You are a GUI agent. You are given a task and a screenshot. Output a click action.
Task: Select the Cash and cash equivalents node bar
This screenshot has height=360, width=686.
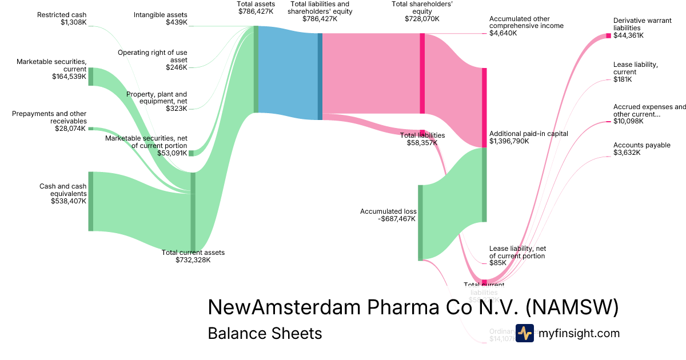click(90, 201)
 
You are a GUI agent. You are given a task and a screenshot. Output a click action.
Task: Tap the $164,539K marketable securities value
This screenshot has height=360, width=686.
click(69, 76)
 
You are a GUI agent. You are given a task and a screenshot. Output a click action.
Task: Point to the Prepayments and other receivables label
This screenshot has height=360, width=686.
click(49, 117)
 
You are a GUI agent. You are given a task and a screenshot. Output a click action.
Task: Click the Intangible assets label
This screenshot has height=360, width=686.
click(161, 14)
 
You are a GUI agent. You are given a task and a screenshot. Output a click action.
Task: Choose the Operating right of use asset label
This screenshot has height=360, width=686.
click(153, 56)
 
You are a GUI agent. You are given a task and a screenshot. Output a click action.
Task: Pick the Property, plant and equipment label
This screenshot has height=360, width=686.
click(157, 98)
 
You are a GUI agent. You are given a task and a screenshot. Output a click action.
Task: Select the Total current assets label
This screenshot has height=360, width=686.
click(193, 253)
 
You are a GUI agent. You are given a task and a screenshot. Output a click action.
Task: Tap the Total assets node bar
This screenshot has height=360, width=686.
click(256, 69)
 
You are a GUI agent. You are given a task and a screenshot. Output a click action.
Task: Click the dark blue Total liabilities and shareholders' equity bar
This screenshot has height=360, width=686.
click(320, 77)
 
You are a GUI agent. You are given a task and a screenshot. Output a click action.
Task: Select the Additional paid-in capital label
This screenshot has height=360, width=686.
click(528, 134)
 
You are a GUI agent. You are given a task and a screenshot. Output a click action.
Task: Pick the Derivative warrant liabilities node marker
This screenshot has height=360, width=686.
click(608, 36)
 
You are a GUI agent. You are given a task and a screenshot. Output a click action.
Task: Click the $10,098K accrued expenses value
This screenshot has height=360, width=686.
click(628, 121)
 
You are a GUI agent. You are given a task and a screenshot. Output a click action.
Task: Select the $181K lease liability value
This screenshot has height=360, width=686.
click(623, 79)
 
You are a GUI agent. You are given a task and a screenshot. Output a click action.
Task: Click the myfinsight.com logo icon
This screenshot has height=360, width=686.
click(524, 333)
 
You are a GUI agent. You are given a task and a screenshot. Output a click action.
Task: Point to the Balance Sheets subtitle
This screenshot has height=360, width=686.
click(265, 333)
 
